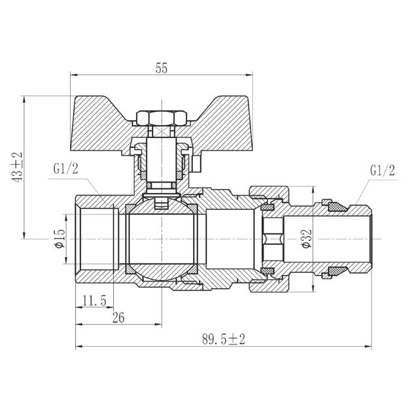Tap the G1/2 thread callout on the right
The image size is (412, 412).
382,171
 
